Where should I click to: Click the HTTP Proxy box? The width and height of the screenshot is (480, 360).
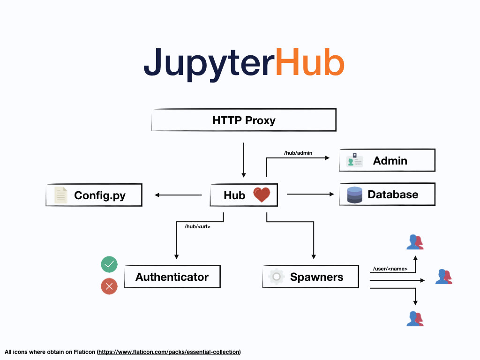244,120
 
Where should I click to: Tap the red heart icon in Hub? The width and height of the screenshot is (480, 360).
262,195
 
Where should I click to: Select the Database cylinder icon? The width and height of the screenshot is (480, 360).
355,195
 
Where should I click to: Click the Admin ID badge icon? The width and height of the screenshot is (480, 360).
354,160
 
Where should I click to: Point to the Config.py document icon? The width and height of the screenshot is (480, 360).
61,195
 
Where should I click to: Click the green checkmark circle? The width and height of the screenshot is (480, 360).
109,265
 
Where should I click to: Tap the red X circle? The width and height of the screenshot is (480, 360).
109,286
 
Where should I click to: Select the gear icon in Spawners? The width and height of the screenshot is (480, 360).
277,277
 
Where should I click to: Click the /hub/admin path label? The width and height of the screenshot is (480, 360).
298,153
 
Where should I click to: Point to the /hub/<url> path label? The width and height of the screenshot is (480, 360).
197,227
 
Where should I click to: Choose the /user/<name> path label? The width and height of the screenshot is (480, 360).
390,269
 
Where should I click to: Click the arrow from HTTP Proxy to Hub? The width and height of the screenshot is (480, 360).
244,159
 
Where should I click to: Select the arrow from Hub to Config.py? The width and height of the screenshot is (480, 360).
178,195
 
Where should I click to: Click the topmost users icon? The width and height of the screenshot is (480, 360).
415,242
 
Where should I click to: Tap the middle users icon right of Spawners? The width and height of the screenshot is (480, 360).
443,277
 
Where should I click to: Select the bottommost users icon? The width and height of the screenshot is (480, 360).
415,319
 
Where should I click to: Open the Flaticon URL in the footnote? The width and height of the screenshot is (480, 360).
169,352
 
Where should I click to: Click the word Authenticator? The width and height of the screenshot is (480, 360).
172,277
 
